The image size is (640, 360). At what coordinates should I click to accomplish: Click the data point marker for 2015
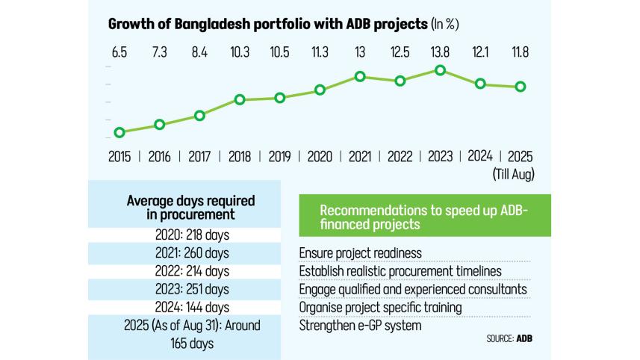point(119,132)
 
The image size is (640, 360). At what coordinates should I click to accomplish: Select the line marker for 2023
point(441,70)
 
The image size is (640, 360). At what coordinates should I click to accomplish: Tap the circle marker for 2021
point(360,76)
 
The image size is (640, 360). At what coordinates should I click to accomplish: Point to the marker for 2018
point(240,99)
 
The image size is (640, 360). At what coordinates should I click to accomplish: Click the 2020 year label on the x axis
point(320,158)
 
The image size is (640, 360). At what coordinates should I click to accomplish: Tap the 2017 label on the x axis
point(199,158)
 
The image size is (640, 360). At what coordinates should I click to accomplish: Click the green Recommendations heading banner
point(424,216)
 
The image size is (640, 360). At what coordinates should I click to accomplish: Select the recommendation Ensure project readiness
point(360,253)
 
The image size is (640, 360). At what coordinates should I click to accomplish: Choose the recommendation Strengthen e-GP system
point(359,325)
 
